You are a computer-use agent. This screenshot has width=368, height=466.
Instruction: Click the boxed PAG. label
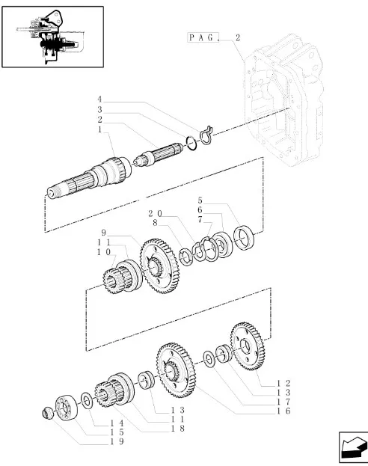coord(203,37)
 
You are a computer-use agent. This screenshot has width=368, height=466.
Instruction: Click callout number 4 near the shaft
coord(99,99)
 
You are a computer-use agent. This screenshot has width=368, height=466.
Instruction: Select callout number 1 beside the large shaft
coord(99,129)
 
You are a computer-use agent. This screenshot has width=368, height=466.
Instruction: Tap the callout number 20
coord(155,214)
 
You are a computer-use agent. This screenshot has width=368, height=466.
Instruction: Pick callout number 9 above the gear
coord(103,232)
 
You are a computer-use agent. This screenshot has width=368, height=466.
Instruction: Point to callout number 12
coord(283,383)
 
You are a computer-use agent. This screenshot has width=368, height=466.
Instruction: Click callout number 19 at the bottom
coord(117,441)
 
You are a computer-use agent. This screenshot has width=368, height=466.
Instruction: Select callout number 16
coord(283,411)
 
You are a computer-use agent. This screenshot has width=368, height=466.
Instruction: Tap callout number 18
coord(177,429)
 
